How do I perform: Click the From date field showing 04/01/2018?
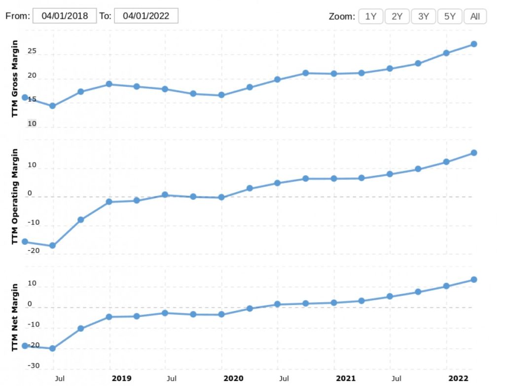point(65,16)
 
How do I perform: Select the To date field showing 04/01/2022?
point(146,16)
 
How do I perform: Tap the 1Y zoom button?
point(371,16)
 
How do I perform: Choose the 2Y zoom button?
point(397,16)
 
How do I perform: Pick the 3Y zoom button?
point(424,16)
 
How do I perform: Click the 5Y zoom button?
point(450,16)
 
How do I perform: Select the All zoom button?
point(475,16)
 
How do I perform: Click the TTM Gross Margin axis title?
point(15,78)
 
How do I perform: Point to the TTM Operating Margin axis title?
point(15,196)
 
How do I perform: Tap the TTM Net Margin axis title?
point(15,318)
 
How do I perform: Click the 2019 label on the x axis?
point(121,378)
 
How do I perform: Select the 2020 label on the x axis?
point(233,378)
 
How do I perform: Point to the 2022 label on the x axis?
point(458,378)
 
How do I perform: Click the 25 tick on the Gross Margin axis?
point(32,51)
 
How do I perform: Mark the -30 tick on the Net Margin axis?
point(34,366)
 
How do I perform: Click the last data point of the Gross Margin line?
point(474,44)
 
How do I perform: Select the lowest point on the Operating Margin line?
point(52,246)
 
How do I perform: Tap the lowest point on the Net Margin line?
point(52,348)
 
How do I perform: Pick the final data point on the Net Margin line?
point(474,279)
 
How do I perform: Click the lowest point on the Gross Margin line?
point(52,106)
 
